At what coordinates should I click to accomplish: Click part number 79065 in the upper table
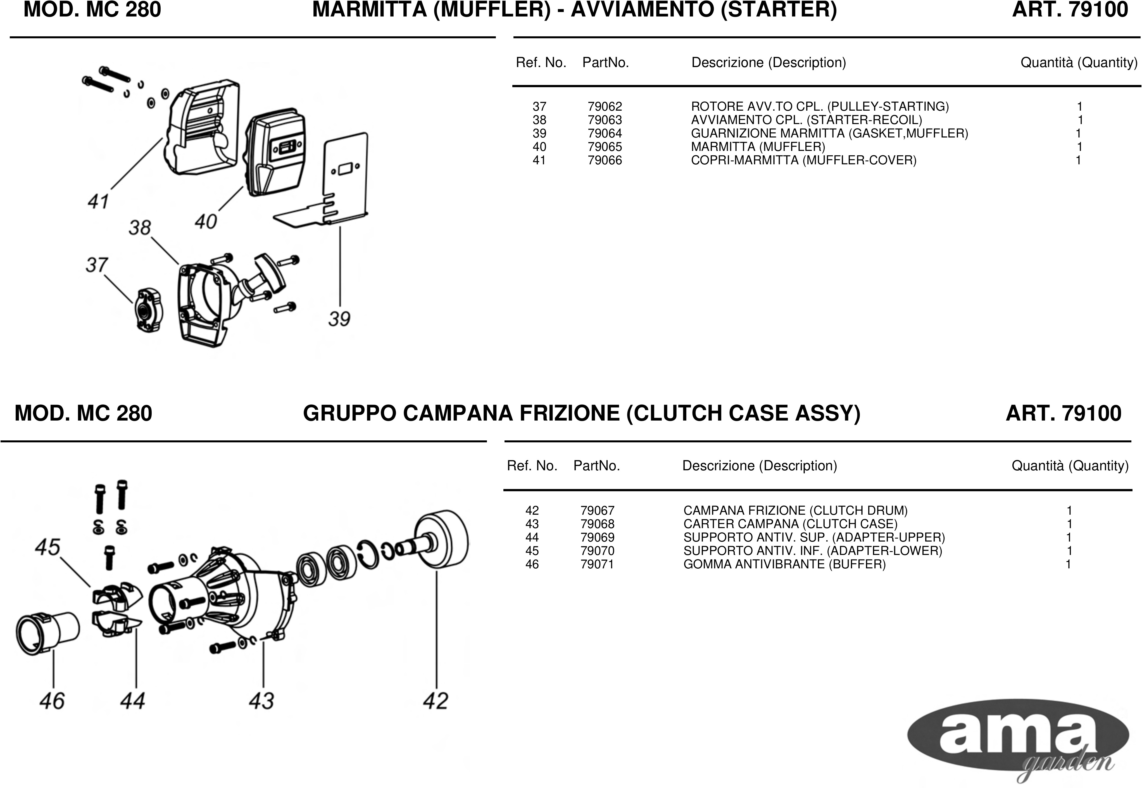(x=605, y=147)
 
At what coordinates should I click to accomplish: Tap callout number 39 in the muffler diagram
(x=339, y=319)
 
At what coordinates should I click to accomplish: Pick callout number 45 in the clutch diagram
(x=47, y=547)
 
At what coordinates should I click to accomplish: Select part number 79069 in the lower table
(x=597, y=537)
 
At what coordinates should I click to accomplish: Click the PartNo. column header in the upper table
(x=606, y=63)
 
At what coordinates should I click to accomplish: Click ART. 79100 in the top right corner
(x=1070, y=10)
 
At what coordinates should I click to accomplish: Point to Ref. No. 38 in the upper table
(x=539, y=120)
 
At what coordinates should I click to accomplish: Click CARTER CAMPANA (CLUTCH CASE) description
(x=790, y=524)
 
